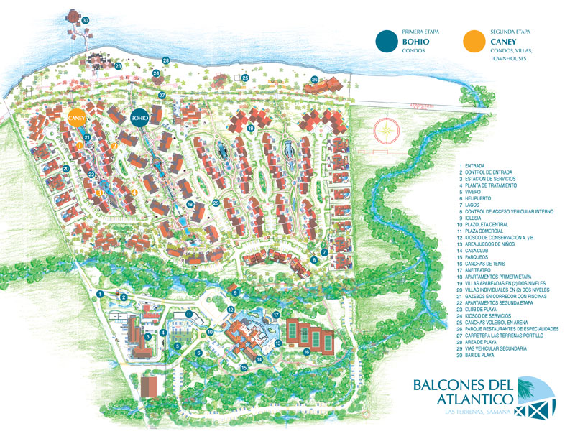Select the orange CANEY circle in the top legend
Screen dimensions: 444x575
coord(472,42)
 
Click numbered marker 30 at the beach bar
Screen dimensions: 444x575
coord(85,20)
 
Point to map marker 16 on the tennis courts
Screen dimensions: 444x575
coord(307,351)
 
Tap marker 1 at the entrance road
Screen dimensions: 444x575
coord(101,293)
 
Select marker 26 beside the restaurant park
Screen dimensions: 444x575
coord(314,79)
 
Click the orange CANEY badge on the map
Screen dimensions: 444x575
coord(76,117)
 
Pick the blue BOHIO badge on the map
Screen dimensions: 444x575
coord(139,117)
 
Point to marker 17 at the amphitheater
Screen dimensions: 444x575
coord(276,315)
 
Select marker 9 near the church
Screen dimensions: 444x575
coord(234,292)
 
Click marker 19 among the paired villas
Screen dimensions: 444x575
coord(251,128)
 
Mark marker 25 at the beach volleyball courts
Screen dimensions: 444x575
coord(244,78)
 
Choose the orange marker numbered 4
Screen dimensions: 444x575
coord(134,192)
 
